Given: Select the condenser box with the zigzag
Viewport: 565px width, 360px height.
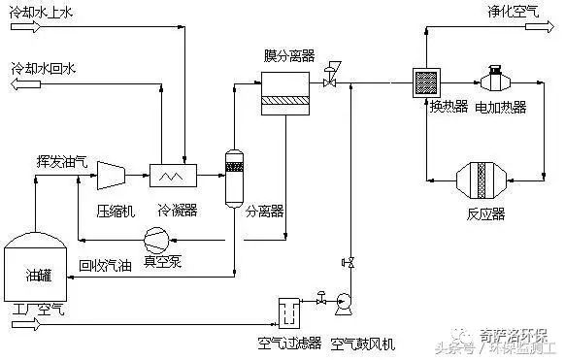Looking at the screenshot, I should pyautogui.click(x=174, y=175).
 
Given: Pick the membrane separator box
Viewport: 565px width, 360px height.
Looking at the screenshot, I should pyautogui.click(x=288, y=92).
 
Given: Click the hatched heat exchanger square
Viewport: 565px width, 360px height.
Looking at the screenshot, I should pyautogui.click(x=428, y=81).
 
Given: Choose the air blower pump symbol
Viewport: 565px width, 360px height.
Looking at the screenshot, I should pyautogui.click(x=343, y=303).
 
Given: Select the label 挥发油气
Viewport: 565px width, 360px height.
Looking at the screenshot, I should pyautogui.click(x=62, y=161).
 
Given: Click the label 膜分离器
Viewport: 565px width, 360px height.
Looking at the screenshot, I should pyautogui.click(x=288, y=54).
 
